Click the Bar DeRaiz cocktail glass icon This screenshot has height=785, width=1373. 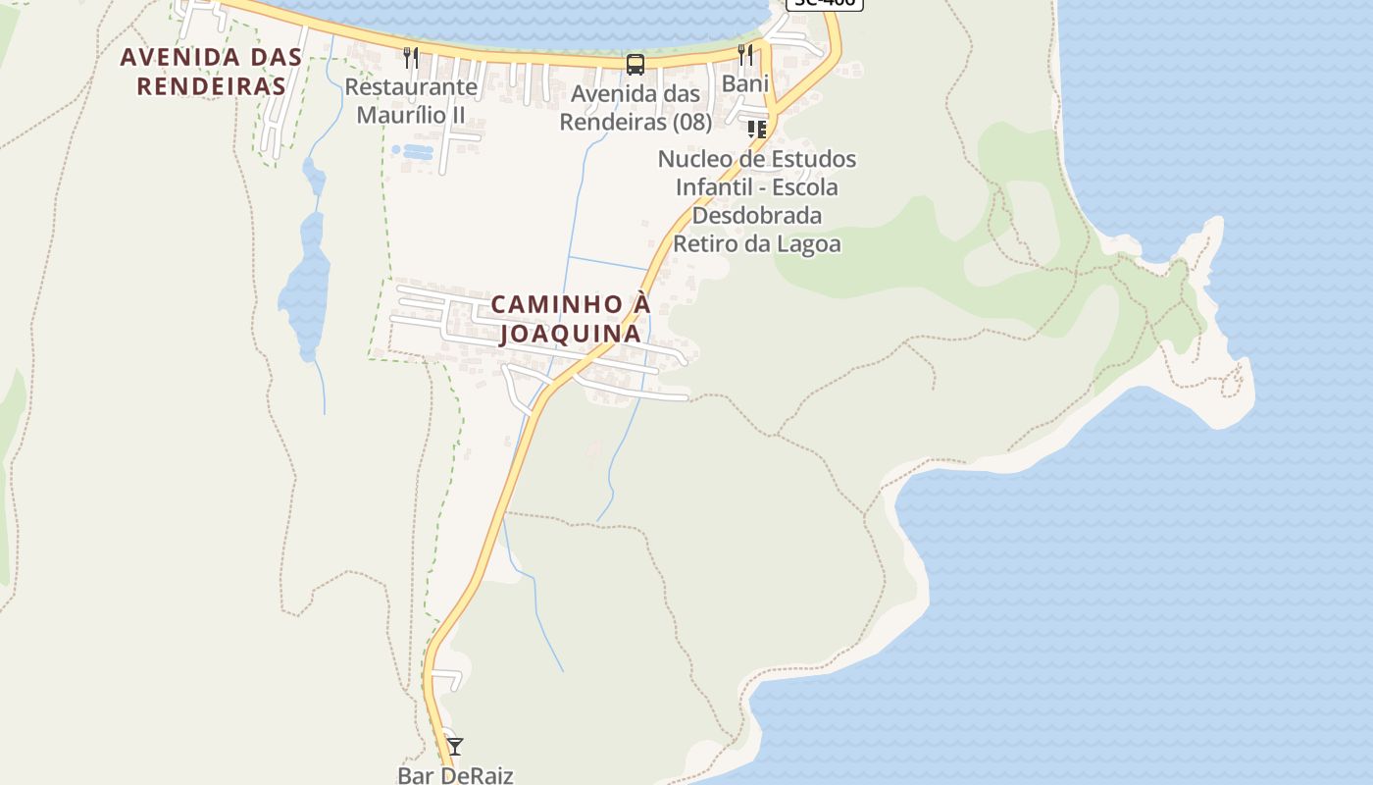[454, 747]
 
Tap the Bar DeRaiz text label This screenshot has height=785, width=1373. [455, 775]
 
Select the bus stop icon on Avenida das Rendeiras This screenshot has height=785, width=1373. [636, 65]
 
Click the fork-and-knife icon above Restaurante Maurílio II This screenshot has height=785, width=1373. [411, 58]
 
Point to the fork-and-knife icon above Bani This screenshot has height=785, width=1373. [746, 54]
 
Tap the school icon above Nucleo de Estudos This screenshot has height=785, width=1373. [756, 130]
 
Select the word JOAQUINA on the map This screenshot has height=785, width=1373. [570, 334]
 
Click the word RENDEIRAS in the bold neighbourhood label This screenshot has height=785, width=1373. [211, 86]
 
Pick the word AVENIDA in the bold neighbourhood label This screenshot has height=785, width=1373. [170, 57]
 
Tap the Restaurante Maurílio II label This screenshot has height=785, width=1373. [411, 101]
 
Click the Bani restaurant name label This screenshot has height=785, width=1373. [745, 83]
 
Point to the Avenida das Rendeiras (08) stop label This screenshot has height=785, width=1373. [636, 108]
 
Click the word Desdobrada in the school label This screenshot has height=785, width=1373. [757, 215]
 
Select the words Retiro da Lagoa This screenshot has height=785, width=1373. [757, 243]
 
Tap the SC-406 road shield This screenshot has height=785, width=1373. [824, 3]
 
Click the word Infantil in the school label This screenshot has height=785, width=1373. [715, 186]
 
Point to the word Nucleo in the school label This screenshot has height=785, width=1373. [693, 159]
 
